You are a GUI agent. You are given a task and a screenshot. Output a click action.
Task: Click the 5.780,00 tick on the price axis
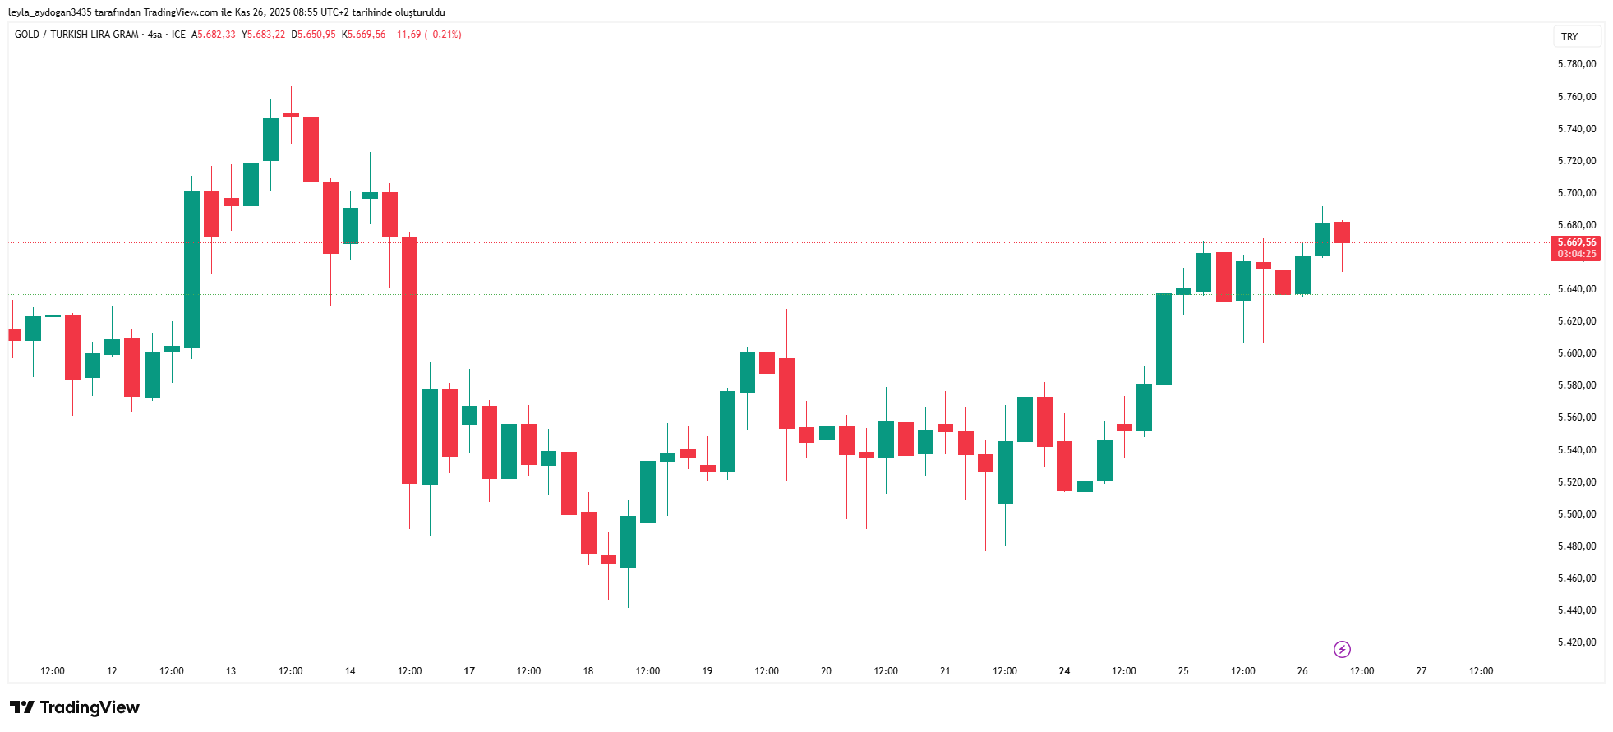[x=1576, y=64]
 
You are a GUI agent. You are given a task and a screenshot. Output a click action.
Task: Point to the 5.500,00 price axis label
[x=1576, y=514]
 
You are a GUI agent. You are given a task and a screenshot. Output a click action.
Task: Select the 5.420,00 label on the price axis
[x=1576, y=642]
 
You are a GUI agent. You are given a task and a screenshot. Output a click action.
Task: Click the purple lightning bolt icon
[x=1342, y=650]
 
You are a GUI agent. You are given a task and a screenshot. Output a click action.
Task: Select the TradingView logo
[x=75, y=707]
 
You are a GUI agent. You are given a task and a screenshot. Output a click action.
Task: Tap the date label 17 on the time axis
[x=469, y=671]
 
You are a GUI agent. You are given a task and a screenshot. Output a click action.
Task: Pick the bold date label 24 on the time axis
[x=1064, y=671]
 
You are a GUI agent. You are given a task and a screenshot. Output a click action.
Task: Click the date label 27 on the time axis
[x=1422, y=671]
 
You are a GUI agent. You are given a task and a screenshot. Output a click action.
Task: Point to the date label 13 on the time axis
[x=231, y=671]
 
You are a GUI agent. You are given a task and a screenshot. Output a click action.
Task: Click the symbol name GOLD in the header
[x=27, y=35]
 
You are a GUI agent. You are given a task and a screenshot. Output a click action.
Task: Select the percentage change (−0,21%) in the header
[x=443, y=35]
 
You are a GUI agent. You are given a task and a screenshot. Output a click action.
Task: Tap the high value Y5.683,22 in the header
[x=264, y=35]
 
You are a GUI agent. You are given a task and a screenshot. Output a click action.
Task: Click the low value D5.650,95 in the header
[x=314, y=35]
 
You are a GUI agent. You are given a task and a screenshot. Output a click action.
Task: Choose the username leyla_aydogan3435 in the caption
[x=50, y=12]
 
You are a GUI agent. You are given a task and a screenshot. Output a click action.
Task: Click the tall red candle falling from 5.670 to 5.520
[x=409, y=360]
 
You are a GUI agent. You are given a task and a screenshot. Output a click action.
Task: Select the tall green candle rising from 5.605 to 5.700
[x=191, y=269]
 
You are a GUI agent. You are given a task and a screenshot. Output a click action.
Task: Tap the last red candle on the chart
[x=1342, y=232]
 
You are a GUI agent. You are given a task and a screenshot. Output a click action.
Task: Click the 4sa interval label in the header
[x=154, y=35]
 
